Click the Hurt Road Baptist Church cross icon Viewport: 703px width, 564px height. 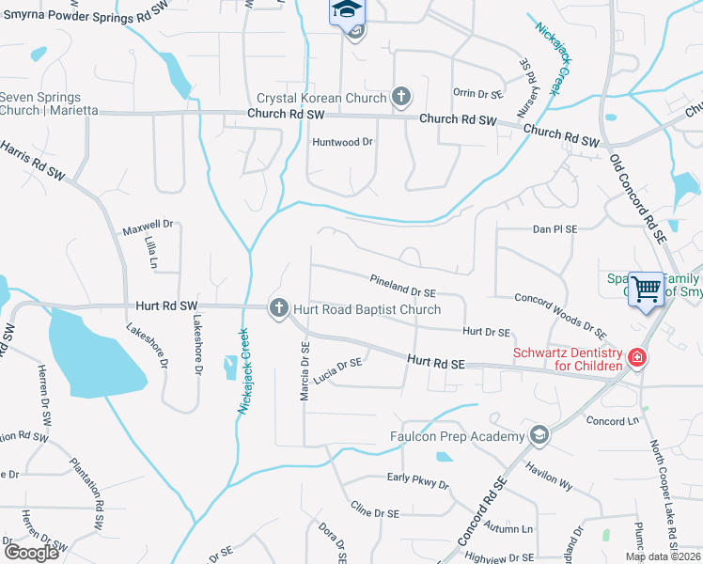point(278,308)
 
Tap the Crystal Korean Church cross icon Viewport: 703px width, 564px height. point(401,96)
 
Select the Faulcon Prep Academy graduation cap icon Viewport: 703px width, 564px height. point(539,435)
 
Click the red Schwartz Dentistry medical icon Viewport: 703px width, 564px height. point(636,358)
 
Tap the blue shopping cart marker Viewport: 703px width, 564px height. point(647,289)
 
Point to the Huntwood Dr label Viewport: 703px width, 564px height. point(342,142)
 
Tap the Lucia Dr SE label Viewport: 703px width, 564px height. point(338,369)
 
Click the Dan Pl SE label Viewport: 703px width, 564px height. point(555,228)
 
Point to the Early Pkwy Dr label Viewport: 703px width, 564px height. point(418,480)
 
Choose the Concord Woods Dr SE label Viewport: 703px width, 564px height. point(559,314)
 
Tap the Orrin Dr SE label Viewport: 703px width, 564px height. point(479,93)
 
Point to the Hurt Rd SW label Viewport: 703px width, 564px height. point(167,305)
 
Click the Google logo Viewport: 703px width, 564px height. point(31,552)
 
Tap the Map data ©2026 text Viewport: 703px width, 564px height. point(663,556)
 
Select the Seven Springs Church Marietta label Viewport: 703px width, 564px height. point(40,103)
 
